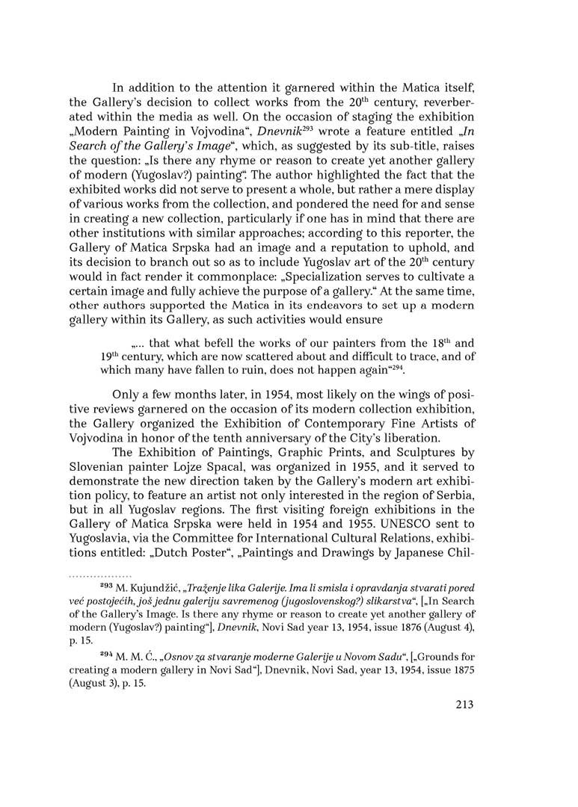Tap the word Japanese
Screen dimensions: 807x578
[413, 540]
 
